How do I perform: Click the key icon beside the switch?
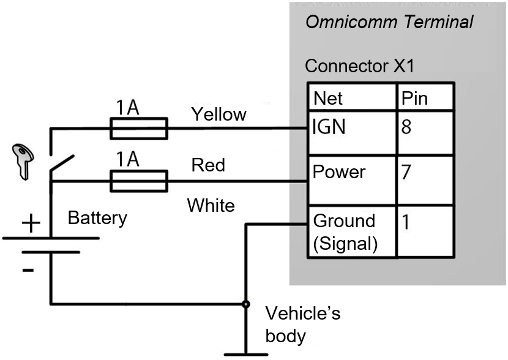tap(23, 162)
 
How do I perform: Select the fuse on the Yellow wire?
tap(139, 129)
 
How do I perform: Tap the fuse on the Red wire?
tap(139, 181)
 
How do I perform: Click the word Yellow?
tap(219, 115)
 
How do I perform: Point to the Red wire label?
tap(208, 165)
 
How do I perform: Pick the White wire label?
tap(211, 205)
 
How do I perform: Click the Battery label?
tap(97, 219)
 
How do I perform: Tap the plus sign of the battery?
tap(31, 223)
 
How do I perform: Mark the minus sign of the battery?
tap(28, 270)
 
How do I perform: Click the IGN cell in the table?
tap(352, 133)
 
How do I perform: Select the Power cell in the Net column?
tap(352, 181)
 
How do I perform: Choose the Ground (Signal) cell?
tap(352, 231)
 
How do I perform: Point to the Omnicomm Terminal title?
tap(389, 22)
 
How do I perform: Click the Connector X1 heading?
tap(360, 66)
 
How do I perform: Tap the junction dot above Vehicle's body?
tap(246, 304)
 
